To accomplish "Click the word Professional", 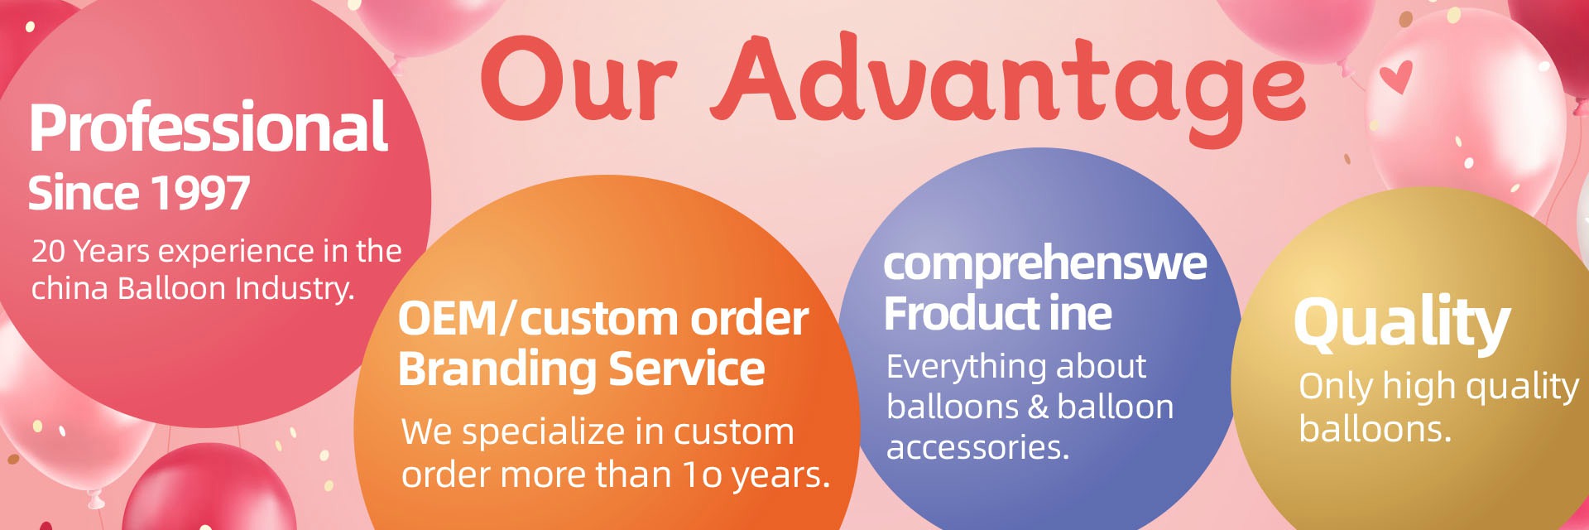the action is tap(209, 128).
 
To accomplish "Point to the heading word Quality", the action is tap(1403, 323).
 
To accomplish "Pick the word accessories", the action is tap(977, 447).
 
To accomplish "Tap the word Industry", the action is tap(295, 289).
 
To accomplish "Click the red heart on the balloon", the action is tap(1396, 77).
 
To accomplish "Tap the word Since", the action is tap(84, 193).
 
